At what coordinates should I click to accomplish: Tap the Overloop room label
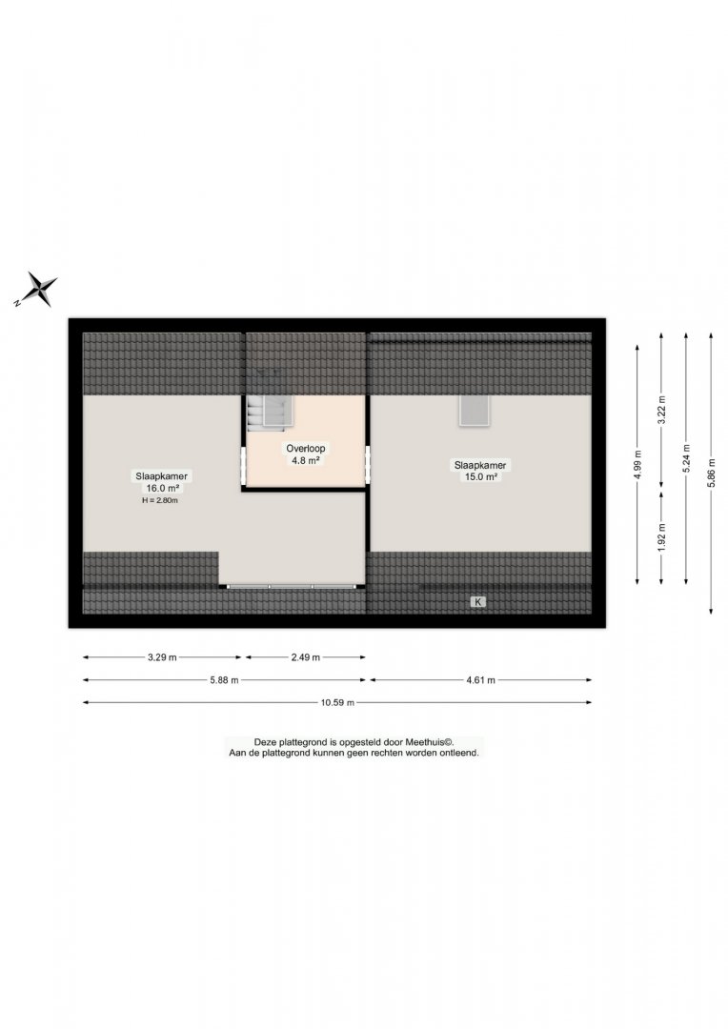(305, 448)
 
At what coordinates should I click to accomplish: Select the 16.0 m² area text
(162, 488)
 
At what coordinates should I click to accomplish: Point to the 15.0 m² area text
(480, 477)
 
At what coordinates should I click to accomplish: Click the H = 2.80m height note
(160, 500)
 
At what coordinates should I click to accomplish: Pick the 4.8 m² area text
(305, 461)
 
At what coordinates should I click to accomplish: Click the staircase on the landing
(270, 413)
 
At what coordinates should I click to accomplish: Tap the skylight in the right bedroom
(475, 411)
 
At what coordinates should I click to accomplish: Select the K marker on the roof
(478, 602)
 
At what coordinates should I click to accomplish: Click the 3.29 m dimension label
(162, 656)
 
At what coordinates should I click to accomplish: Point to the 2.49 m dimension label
(306, 656)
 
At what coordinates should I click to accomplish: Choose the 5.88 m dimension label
(224, 680)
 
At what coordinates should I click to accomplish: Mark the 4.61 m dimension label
(480, 680)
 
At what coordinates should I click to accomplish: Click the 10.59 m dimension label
(337, 703)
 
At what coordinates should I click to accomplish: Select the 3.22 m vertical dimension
(661, 410)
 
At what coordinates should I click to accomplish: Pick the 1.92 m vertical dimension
(661, 536)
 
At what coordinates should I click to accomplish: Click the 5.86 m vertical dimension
(711, 474)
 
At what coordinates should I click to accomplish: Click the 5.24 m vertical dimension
(687, 458)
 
